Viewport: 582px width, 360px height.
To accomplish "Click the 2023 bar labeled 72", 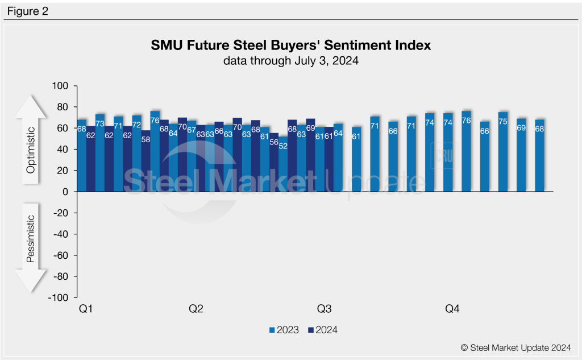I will pos(136,153).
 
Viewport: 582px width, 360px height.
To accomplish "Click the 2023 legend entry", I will pos(284,330).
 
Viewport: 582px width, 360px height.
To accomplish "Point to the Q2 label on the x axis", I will pos(196,309).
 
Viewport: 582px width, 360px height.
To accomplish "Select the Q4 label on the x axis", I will pos(452,309).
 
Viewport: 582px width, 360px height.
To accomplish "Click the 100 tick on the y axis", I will pos(60,86).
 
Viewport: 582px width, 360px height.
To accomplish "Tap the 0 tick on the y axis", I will pos(65,192).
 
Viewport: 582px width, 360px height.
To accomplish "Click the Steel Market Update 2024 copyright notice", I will pos(516,346).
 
